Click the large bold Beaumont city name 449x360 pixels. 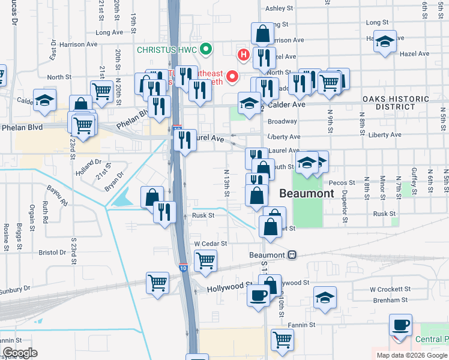[306, 194]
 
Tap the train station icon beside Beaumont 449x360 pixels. [292, 254]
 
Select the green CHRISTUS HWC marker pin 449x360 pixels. [206, 49]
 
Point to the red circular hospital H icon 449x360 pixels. [244, 56]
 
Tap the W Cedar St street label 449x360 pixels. [210, 244]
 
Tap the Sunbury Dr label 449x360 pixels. [14, 289]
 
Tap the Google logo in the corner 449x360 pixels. [21, 353]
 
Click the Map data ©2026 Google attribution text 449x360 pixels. [412, 355]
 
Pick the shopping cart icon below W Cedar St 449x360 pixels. [205, 261]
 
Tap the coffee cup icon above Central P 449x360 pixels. [400, 326]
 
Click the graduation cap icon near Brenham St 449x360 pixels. [324, 298]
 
